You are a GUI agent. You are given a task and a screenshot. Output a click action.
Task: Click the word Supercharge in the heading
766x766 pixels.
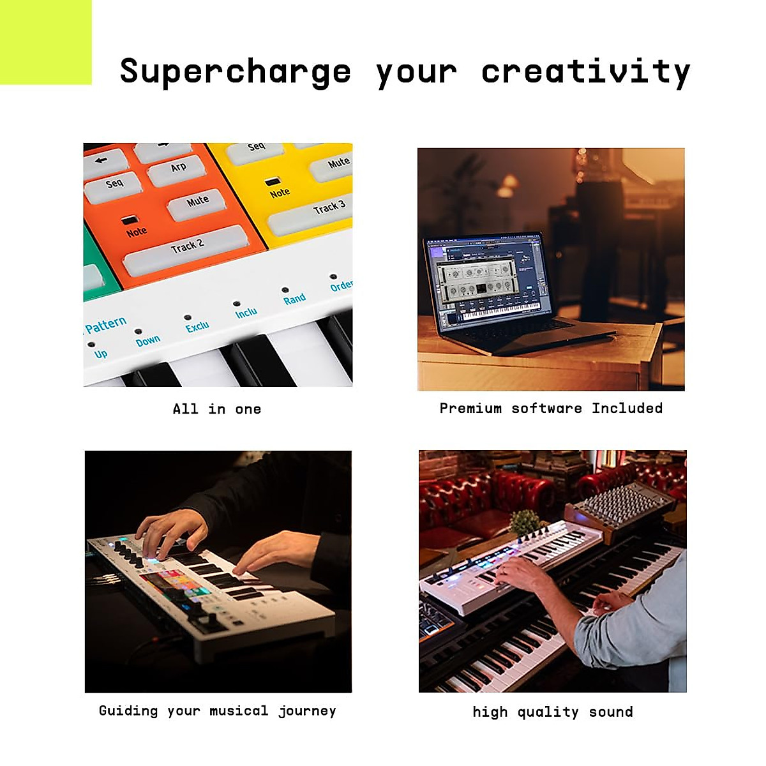tap(235, 71)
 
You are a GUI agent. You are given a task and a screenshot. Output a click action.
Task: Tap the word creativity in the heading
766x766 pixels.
tap(585, 71)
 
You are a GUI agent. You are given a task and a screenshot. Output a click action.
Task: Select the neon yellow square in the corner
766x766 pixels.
tap(45, 42)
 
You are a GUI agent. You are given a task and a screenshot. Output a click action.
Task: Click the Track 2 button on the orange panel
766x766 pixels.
tap(186, 248)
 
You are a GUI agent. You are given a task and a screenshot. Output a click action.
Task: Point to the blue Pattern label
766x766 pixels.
tap(105, 325)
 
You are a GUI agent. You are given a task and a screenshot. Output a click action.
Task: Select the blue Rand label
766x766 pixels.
tap(294, 299)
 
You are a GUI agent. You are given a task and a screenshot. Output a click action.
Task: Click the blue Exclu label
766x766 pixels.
tap(197, 327)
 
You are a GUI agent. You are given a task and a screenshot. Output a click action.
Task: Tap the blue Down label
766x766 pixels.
tap(147, 341)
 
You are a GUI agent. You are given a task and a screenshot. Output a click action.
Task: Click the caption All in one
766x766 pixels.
tap(217, 409)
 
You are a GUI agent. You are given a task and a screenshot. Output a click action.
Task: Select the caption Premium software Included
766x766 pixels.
tap(551, 409)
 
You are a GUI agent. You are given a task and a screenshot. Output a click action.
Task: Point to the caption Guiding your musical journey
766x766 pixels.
tap(217, 711)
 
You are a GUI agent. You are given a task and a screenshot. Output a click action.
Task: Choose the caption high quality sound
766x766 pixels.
tap(553, 712)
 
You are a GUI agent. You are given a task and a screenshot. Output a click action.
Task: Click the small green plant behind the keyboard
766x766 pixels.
tap(527, 521)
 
